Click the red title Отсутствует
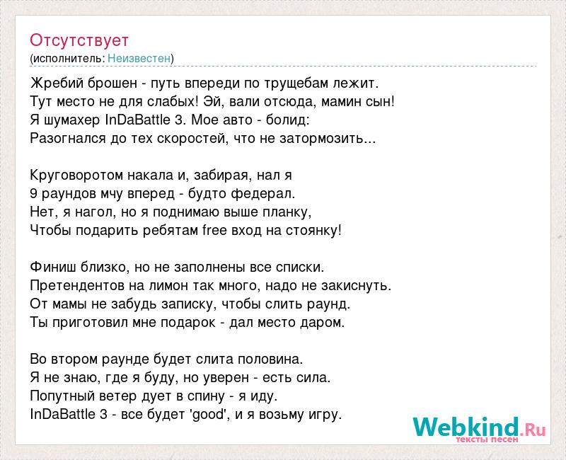(x=79, y=40)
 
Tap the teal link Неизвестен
(x=139, y=58)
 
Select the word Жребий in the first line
(x=59, y=83)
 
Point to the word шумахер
(x=72, y=120)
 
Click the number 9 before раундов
(x=33, y=193)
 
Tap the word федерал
(x=263, y=193)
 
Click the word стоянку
(x=313, y=231)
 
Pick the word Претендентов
(x=77, y=286)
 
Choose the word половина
(x=270, y=360)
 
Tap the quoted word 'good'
(x=208, y=415)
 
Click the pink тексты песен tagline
(x=487, y=439)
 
